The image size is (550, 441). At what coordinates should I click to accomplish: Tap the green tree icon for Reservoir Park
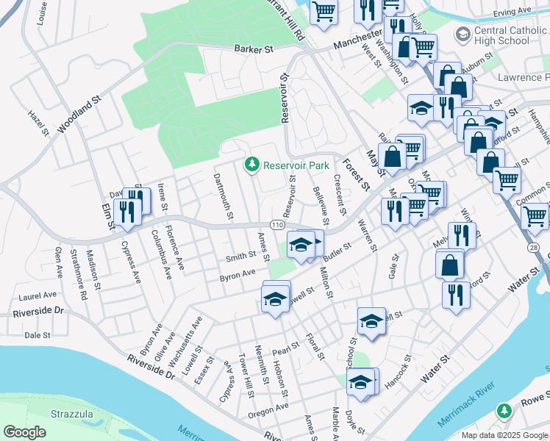tap(251, 165)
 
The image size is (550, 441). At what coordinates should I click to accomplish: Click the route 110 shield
tap(276, 224)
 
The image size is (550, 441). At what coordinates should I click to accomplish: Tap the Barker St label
tap(254, 49)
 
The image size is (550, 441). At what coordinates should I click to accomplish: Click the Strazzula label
tap(71, 414)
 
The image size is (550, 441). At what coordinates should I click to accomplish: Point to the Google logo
tap(25, 432)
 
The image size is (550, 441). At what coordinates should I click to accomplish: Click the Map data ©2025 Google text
tap(504, 435)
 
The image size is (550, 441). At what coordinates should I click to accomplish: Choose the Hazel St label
tap(38, 123)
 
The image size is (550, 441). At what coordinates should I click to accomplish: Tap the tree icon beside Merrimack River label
tap(504, 409)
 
